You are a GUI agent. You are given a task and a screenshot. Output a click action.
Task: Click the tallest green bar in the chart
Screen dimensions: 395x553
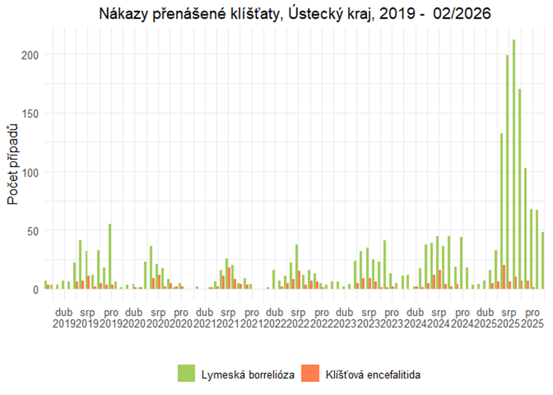tap(514, 164)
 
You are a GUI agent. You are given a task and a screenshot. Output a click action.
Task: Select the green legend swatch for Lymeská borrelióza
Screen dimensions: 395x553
tap(186, 373)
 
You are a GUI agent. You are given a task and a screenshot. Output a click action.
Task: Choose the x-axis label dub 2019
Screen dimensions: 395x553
tap(63, 317)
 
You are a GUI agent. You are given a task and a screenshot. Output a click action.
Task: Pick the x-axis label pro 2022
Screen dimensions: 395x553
tap(322, 317)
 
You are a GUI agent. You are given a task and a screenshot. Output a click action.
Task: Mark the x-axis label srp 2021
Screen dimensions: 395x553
tap(228, 317)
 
